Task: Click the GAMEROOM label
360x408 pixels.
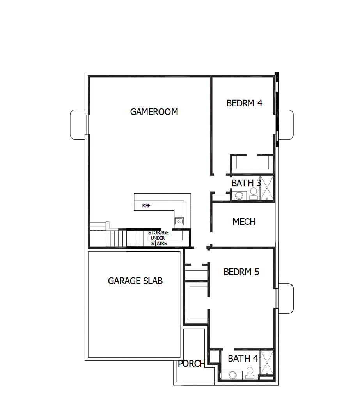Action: tap(154, 112)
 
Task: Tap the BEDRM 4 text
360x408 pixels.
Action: tap(244, 103)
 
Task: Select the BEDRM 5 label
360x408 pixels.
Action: tap(241, 272)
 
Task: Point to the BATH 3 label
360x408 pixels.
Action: tap(246, 183)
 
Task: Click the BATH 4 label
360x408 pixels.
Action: tap(243, 359)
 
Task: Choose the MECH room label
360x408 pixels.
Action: tap(244, 222)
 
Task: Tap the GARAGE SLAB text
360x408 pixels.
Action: tap(135, 281)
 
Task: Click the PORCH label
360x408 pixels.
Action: tap(192, 364)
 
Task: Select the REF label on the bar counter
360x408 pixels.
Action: tap(146, 205)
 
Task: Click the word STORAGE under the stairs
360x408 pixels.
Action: tap(158, 233)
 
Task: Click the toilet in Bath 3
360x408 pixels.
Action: tap(253, 192)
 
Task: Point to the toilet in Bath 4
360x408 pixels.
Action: tap(250, 375)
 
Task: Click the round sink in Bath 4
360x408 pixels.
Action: tap(232, 375)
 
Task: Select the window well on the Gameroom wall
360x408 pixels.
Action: tap(77, 125)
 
